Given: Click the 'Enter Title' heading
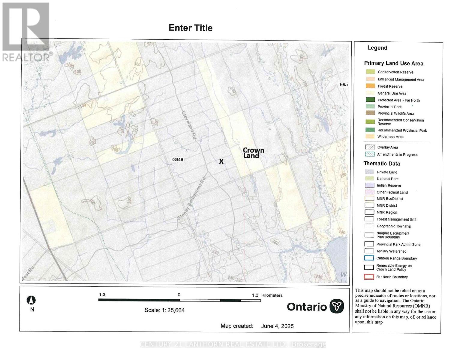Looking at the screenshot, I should (x=191, y=28).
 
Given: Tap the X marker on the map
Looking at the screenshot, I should (x=221, y=161).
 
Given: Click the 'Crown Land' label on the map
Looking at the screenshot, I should (x=253, y=153).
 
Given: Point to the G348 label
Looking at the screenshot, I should (x=178, y=160).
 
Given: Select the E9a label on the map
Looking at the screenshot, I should (x=344, y=85).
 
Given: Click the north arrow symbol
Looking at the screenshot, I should (x=32, y=300).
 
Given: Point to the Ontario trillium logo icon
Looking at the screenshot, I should (x=337, y=306).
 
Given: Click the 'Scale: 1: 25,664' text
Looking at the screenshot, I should (x=164, y=310).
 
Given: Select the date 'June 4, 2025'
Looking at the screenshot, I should (x=277, y=326).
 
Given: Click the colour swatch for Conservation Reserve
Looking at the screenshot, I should (x=370, y=72).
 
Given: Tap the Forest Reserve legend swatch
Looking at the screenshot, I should (x=370, y=86).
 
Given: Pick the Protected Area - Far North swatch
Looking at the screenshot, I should (x=370, y=100).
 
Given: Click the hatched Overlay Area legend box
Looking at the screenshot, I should (x=370, y=147).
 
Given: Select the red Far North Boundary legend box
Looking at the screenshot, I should (x=369, y=277).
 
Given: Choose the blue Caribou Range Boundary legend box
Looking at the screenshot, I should (x=369, y=258).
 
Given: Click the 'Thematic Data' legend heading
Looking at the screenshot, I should (x=382, y=163).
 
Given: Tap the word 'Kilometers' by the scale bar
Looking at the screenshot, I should (x=272, y=295).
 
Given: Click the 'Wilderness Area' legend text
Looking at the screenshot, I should (x=390, y=136).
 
